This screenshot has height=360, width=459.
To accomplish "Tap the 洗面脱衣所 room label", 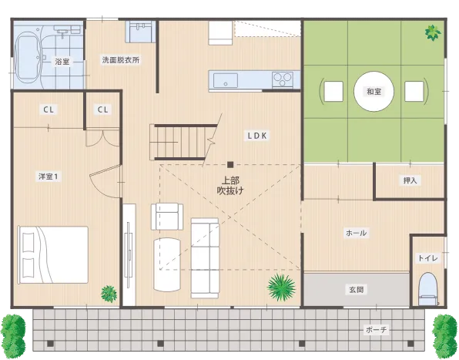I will (x=121, y=60).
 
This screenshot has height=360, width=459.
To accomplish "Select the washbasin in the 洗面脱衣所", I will (x=141, y=32).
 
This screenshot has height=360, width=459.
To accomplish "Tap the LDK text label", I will (x=256, y=135).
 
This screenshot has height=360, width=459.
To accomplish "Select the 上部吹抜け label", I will (x=230, y=185).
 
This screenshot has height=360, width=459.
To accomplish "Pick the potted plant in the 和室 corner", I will (x=433, y=32).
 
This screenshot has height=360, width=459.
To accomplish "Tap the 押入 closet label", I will (x=410, y=181).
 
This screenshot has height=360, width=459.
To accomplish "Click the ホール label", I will (x=357, y=233).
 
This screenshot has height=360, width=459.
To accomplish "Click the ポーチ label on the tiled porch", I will (x=377, y=330).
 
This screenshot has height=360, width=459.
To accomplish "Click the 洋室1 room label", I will (x=48, y=176).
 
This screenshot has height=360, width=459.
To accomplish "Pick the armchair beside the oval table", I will (x=168, y=216).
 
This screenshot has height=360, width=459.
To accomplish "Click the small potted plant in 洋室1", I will (x=109, y=293).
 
